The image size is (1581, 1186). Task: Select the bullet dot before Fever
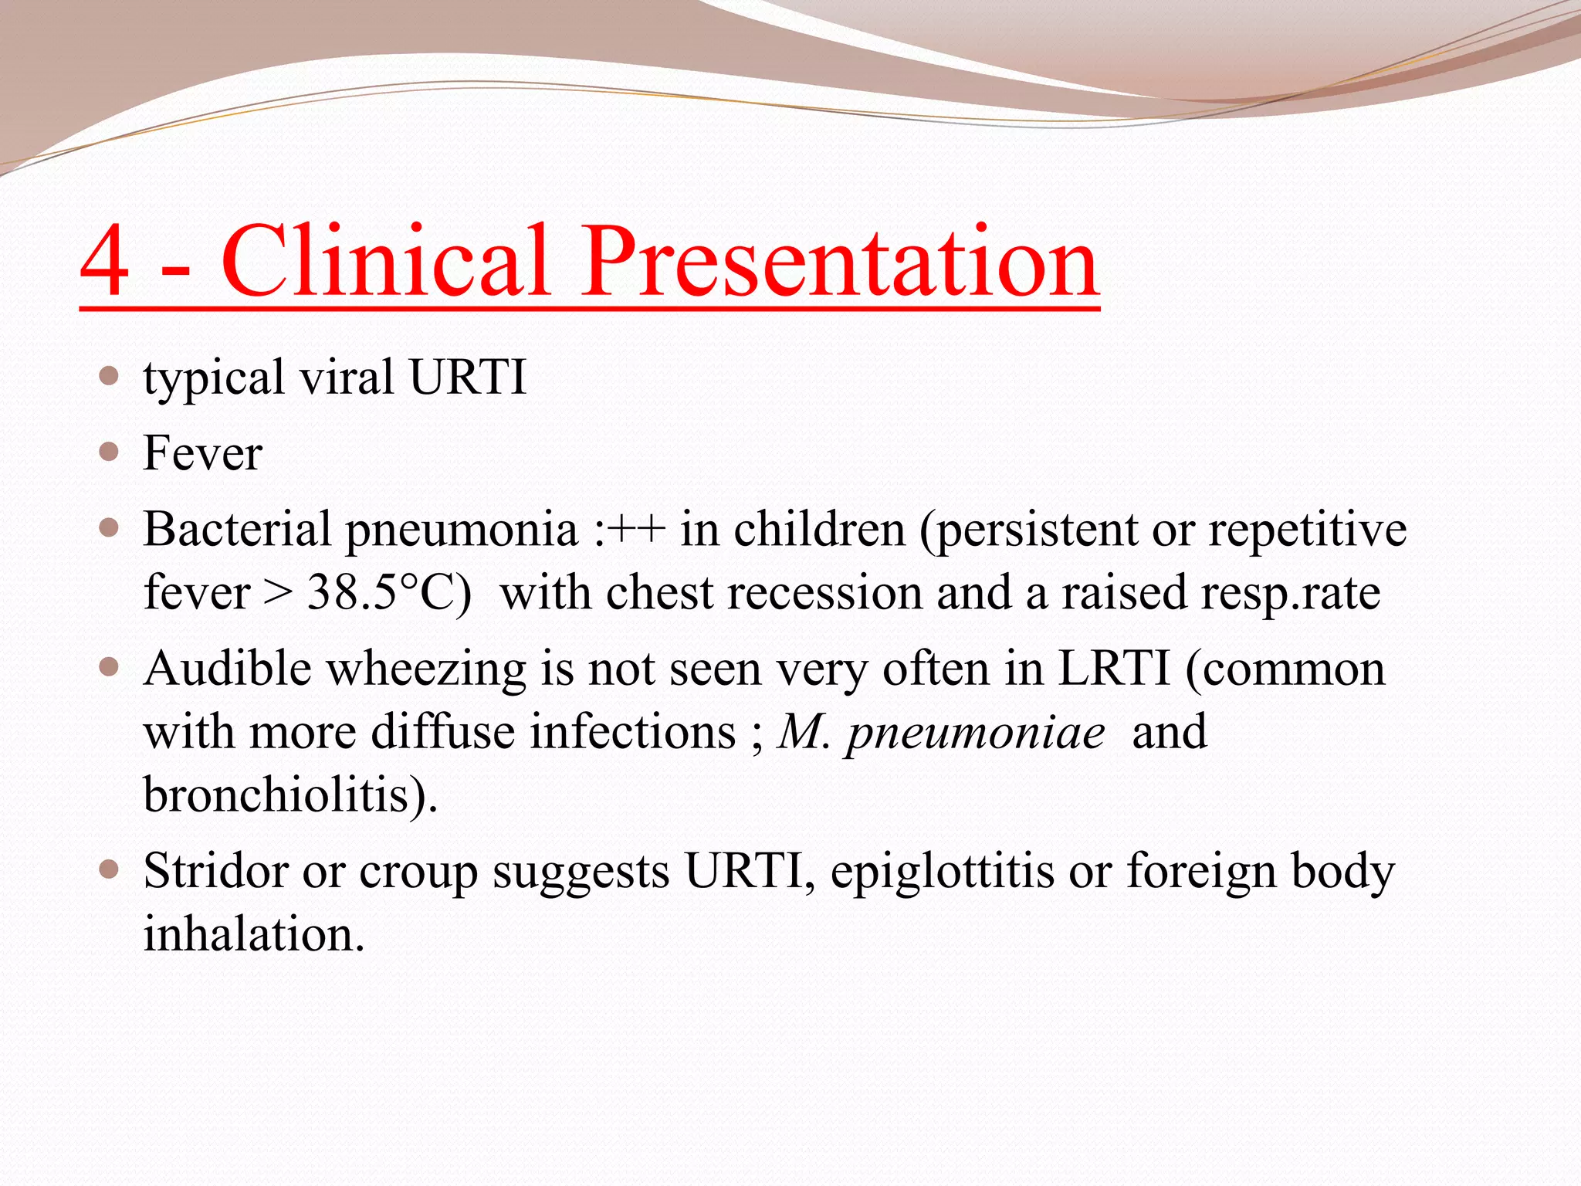coord(109,452)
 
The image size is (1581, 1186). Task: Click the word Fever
coord(202,453)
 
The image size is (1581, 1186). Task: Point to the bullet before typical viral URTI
coord(109,376)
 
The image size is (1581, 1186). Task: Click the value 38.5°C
coord(388,593)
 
